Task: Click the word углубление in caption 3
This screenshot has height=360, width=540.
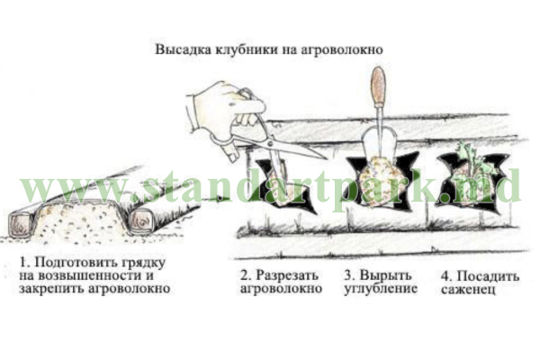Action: [x=379, y=290]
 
